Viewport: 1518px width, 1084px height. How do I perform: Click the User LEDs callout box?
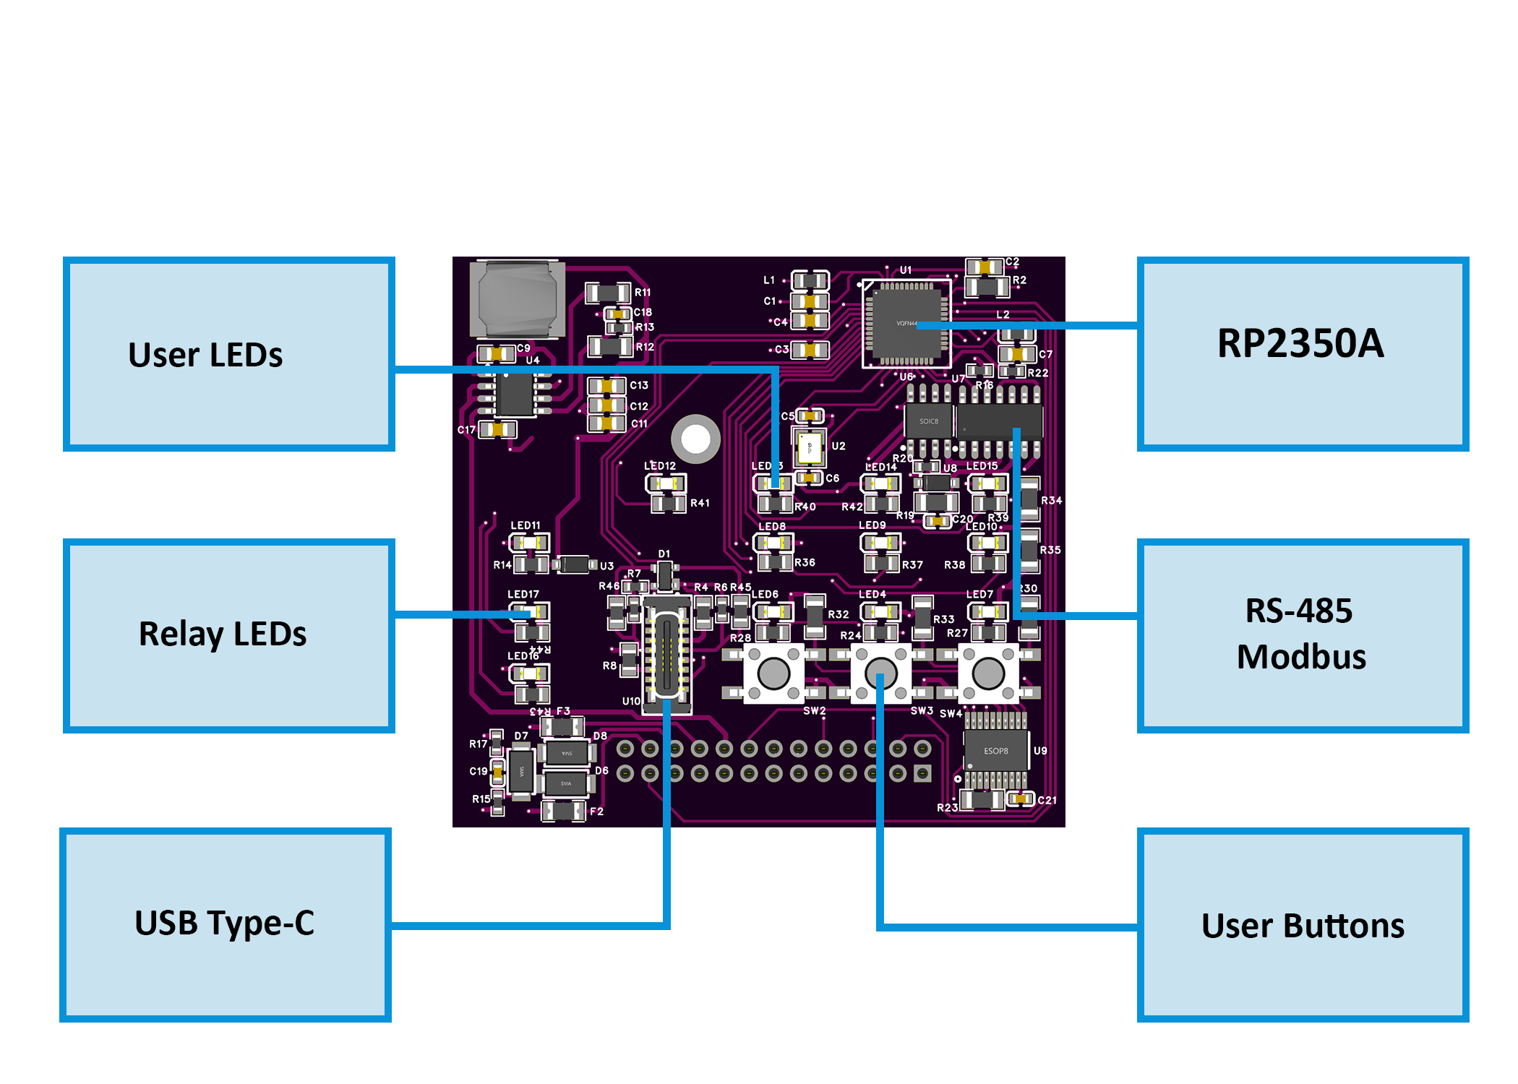(228, 354)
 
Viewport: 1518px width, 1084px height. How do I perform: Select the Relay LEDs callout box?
(228, 635)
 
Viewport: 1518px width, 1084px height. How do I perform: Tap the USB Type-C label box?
(226, 924)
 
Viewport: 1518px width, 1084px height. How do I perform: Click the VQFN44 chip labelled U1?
(907, 323)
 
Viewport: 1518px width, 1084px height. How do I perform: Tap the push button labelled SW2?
(773, 674)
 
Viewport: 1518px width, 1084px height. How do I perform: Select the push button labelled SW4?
(987, 674)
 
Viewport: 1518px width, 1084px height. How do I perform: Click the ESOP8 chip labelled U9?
(995, 751)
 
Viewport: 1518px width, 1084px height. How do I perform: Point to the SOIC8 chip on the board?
(928, 421)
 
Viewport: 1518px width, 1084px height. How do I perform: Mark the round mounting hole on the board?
(695, 439)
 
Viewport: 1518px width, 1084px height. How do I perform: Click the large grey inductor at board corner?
(517, 298)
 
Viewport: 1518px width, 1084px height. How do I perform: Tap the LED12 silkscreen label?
(659, 466)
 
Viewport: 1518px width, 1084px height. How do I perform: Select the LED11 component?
(529, 543)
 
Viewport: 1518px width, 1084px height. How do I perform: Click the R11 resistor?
(607, 293)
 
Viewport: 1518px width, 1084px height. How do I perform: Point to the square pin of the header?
(922, 774)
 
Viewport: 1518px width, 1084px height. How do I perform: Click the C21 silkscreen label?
(1047, 800)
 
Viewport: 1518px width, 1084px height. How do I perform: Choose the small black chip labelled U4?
(515, 395)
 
